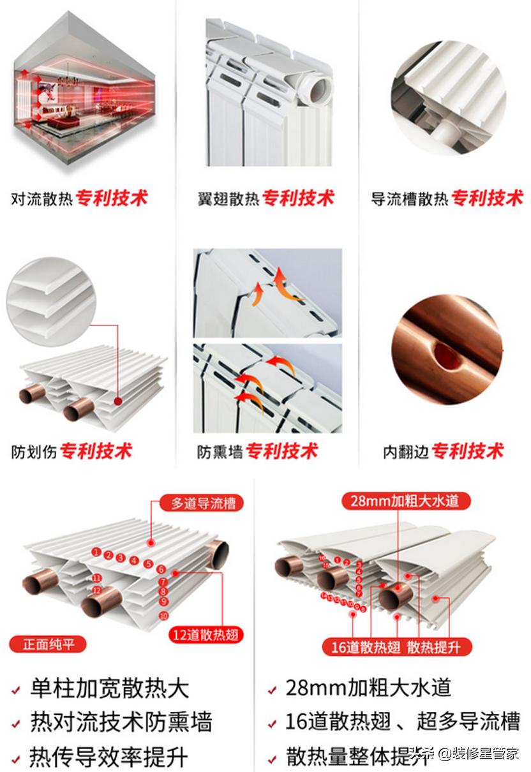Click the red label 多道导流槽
(194, 503)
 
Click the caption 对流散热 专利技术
(79, 198)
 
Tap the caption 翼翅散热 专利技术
(265, 198)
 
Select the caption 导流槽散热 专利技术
(446, 198)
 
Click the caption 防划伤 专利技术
(71, 452)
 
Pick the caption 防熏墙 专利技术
(257, 452)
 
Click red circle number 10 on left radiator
(164, 616)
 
